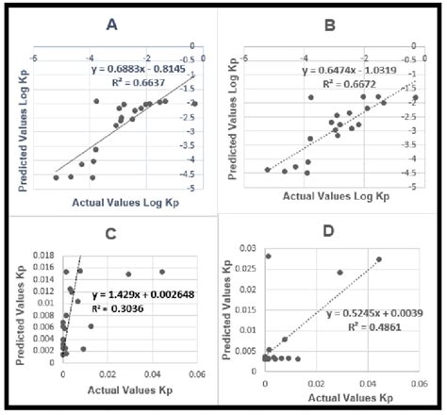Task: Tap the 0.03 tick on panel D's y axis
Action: tap(246, 248)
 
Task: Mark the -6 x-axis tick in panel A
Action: tap(33, 58)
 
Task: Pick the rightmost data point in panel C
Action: tap(161, 272)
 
